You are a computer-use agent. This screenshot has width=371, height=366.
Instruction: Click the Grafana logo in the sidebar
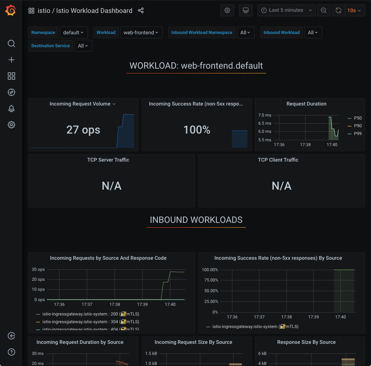pos(11,11)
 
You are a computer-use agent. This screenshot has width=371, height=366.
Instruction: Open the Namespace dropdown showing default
pos(74,32)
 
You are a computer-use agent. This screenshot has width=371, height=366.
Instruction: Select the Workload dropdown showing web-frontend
pos(141,32)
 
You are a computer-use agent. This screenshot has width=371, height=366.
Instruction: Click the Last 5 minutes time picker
pos(286,10)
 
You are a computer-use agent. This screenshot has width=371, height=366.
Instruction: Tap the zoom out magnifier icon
pos(324,10)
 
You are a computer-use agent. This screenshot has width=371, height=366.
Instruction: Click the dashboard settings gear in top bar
pos(227,10)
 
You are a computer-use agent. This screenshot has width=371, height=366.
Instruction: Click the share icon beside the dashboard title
pos(141,10)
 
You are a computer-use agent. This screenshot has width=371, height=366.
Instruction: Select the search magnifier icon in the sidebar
pos(11,44)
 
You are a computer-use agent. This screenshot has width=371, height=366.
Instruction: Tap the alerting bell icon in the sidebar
pos(11,108)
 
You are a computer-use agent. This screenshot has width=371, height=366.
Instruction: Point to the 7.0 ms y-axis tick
pos(265,115)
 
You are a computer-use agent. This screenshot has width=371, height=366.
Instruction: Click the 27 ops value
pos(83,130)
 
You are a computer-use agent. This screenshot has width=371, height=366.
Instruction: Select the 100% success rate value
pos(197,130)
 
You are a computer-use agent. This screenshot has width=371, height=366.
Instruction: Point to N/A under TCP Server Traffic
pos(111,186)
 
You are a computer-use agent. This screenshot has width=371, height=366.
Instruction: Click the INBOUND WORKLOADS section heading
pos(196,220)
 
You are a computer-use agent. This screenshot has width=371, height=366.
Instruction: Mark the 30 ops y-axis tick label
pos(38,269)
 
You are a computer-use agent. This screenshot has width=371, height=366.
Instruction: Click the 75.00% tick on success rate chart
pos(210,280)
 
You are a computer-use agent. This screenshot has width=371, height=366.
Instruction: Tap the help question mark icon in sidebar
pos(11,352)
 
